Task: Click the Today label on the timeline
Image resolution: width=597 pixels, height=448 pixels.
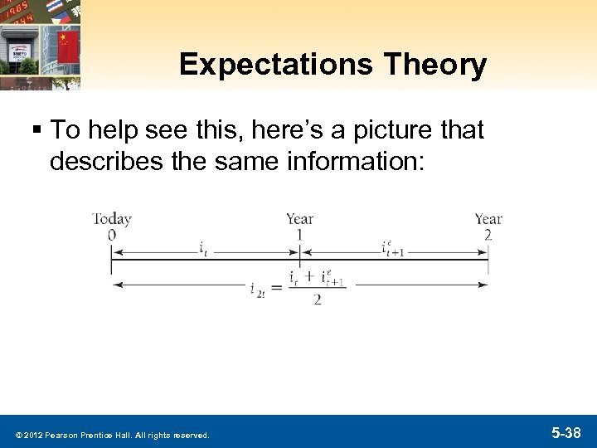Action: point(112,219)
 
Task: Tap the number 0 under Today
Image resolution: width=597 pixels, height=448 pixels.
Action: point(111,235)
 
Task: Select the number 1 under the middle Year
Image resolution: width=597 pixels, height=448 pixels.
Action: point(299,235)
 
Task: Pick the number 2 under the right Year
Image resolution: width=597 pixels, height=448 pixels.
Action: point(488,235)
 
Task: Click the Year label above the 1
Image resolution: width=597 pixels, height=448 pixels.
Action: point(299,219)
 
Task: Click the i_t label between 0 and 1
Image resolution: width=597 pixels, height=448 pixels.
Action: point(203,248)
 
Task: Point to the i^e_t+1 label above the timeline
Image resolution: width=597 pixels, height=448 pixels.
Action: point(392,247)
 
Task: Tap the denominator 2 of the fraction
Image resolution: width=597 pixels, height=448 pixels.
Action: point(317,299)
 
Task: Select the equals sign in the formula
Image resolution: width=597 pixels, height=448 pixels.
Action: point(277,285)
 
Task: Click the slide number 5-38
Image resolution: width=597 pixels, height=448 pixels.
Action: point(568,432)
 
